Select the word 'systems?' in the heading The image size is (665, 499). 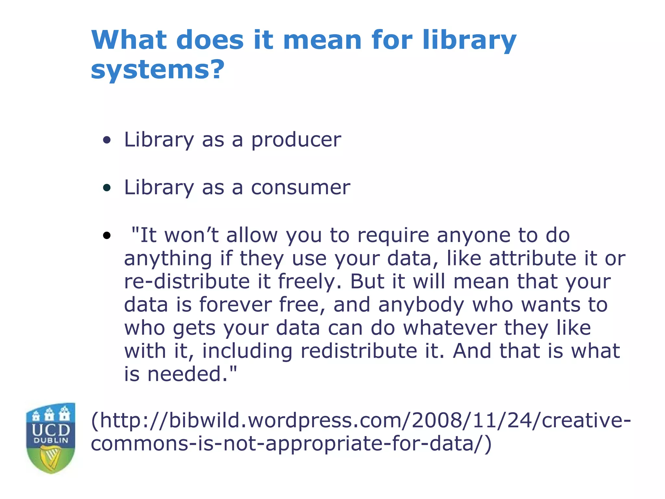tap(157, 70)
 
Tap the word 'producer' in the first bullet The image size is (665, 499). tap(296, 140)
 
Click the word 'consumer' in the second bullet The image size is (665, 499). tap(301, 187)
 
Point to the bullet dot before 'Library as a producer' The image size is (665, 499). tap(107, 140)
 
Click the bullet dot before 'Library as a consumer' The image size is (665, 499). tap(107, 188)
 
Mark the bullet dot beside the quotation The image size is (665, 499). tap(107, 235)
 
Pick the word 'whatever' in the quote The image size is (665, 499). tap(450, 328)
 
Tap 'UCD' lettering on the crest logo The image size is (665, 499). tap(51, 430)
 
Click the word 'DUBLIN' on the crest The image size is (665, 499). tap(51, 441)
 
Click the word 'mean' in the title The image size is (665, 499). tap(322, 40)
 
